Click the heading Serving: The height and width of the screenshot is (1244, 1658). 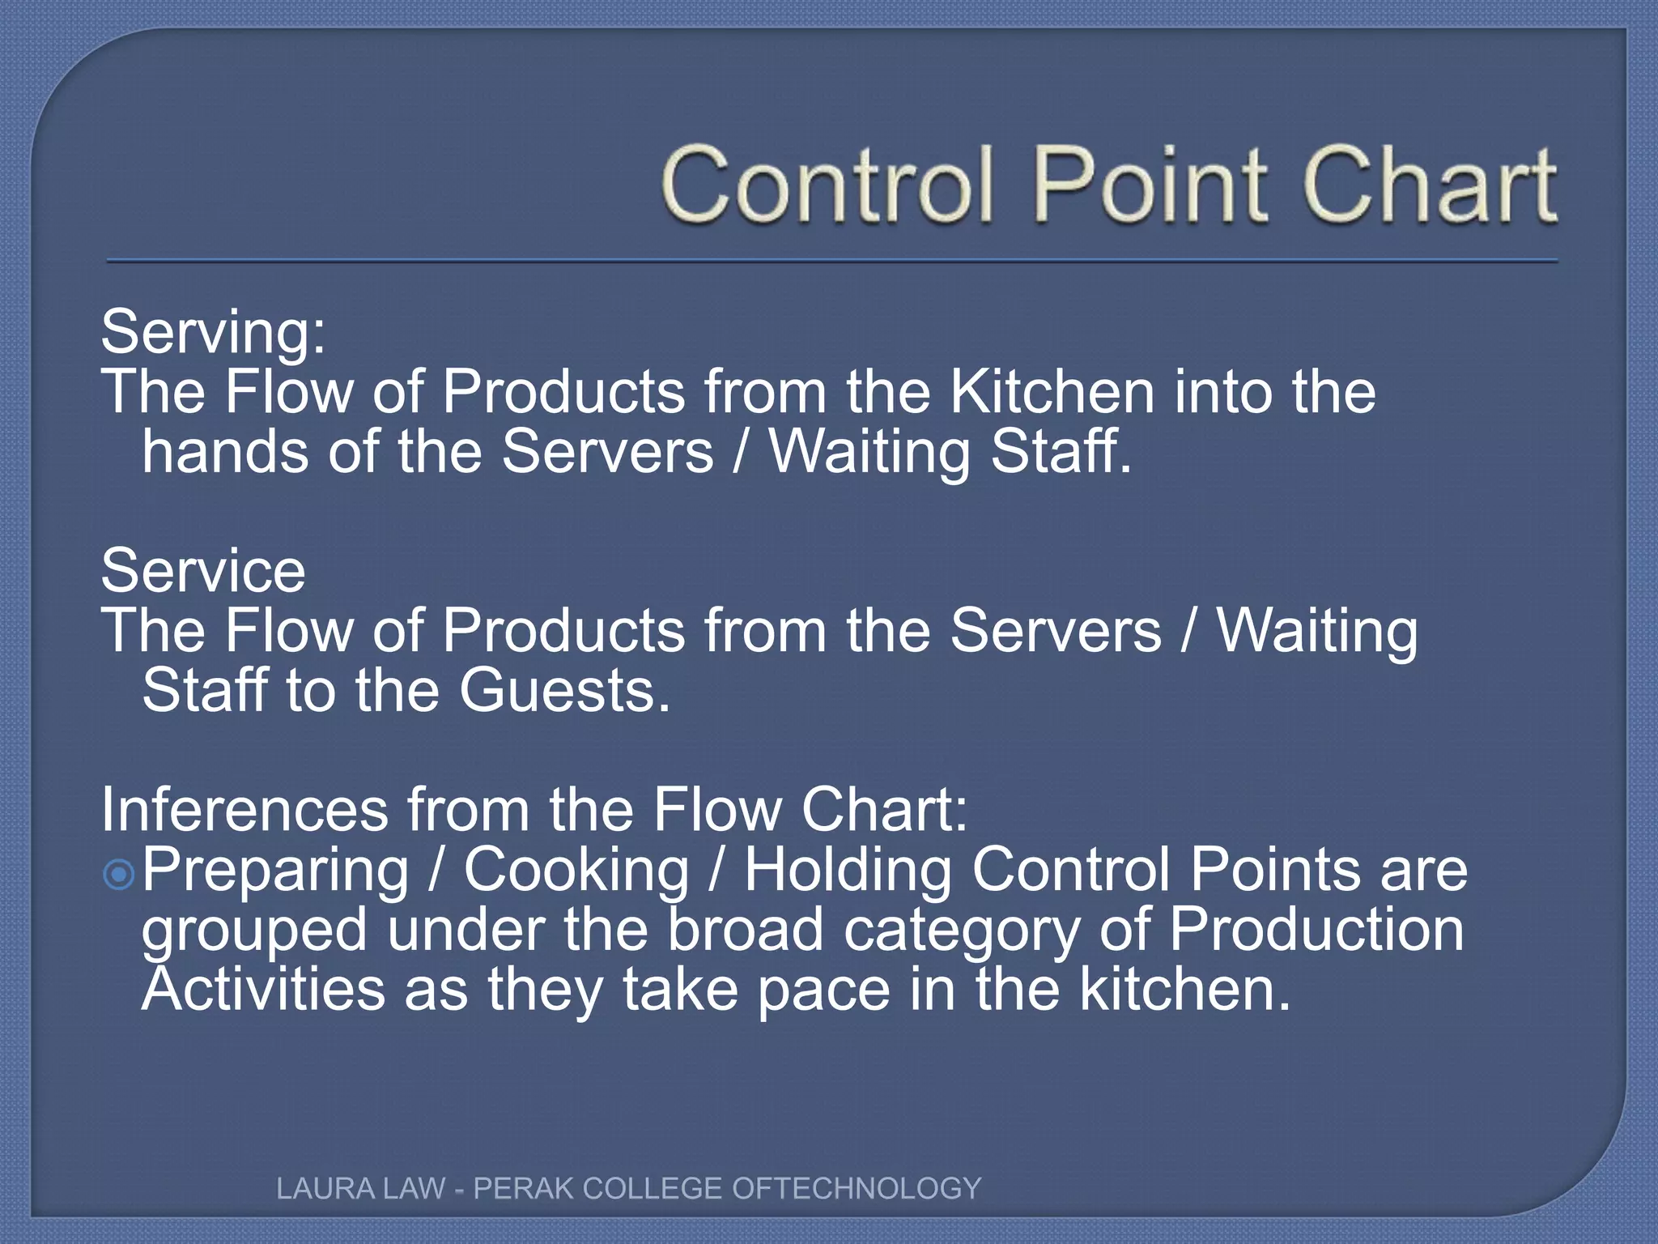point(213,333)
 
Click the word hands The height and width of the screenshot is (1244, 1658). point(225,451)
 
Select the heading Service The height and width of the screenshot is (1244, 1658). point(203,571)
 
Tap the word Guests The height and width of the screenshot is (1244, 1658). point(565,691)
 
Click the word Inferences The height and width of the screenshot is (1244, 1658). point(244,810)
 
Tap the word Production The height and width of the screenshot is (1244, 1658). point(1316,929)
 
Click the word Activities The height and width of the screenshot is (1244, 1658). point(264,990)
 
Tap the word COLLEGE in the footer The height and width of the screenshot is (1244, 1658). point(652,1188)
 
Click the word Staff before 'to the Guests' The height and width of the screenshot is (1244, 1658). point(204,691)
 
